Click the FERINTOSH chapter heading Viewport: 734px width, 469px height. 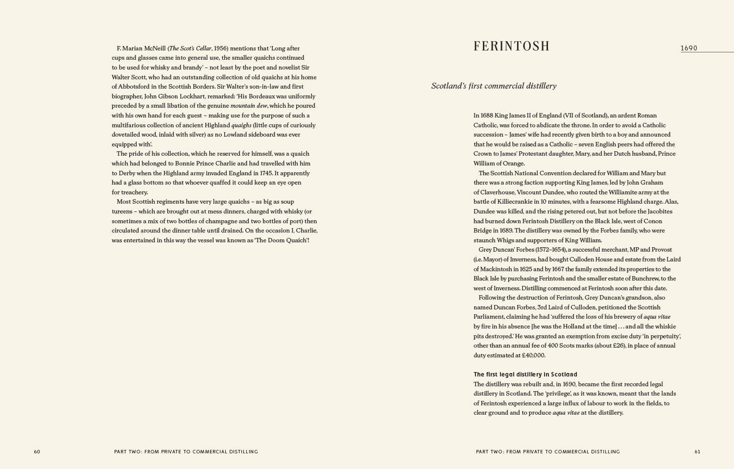(x=511, y=46)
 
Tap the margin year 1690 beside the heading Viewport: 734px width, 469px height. (x=688, y=48)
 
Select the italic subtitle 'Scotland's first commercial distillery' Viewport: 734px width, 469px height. (x=494, y=86)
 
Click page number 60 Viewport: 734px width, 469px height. (x=37, y=451)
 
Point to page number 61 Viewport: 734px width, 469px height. (x=697, y=451)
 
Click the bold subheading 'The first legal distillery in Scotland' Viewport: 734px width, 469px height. (x=525, y=375)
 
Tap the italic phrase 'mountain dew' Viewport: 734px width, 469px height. (x=249, y=106)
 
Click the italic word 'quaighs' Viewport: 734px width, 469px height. (x=241, y=125)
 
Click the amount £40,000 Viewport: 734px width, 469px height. (x=533, y=355)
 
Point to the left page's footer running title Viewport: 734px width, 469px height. (x=186, y=451)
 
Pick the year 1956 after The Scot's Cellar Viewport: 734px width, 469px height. (x=221, y=48)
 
